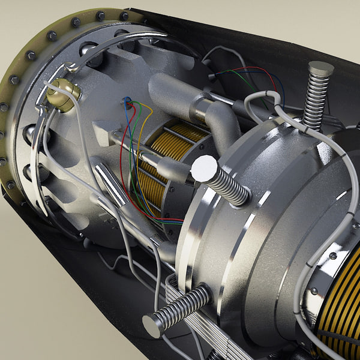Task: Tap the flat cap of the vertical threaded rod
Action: pos(321,68)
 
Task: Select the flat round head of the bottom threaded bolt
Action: pos(154,325)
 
